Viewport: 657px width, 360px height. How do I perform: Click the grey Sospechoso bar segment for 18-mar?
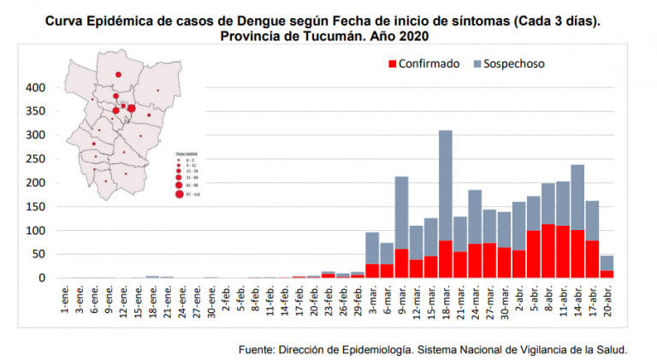coord(445,185)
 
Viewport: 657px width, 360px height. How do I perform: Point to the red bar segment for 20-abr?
coord(607,274)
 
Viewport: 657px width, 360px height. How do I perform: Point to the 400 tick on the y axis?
coord(34,87)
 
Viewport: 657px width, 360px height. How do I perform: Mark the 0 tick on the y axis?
coord(41,278)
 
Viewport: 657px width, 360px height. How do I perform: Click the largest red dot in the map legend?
coord(179,194)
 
